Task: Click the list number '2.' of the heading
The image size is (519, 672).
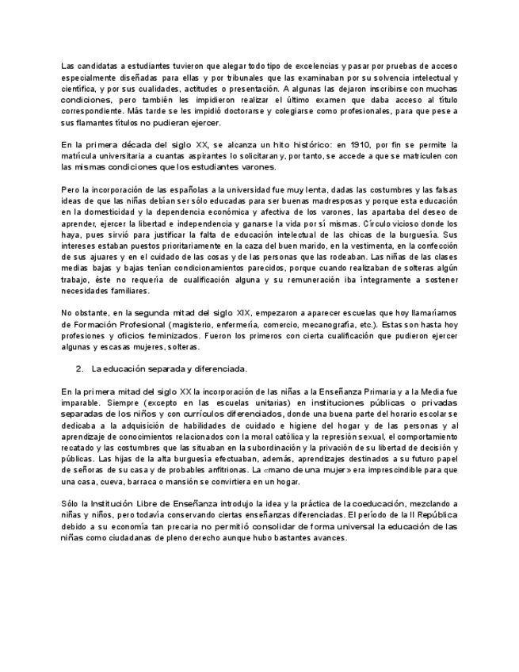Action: point(80,368)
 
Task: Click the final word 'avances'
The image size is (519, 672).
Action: point(329,537)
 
